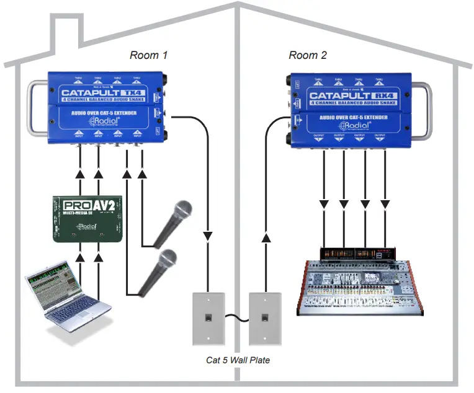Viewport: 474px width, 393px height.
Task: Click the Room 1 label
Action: click(148, 55)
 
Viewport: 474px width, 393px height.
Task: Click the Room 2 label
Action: click(308, 55)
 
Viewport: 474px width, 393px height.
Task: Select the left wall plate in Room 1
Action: click(208, 318)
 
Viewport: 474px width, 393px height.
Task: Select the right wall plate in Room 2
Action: click(265, 318)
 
